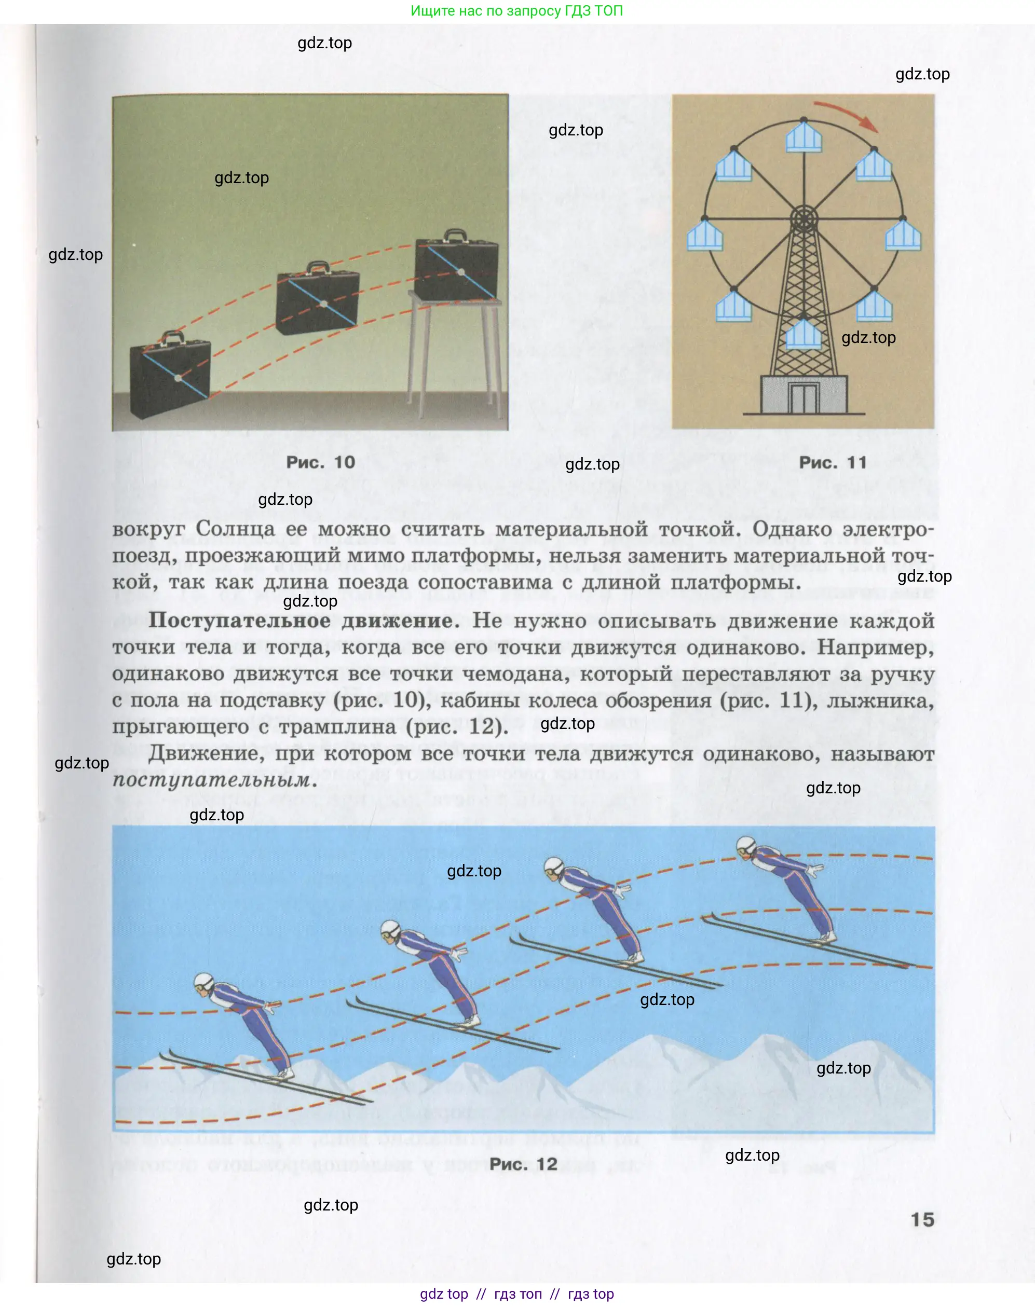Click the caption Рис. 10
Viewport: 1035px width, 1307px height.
321,462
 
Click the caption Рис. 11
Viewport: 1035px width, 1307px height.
833,462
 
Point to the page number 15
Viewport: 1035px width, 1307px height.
922,1219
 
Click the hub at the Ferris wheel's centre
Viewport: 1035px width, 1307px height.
804,218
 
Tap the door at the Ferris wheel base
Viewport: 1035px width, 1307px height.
804,398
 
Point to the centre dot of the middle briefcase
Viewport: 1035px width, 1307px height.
323,304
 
